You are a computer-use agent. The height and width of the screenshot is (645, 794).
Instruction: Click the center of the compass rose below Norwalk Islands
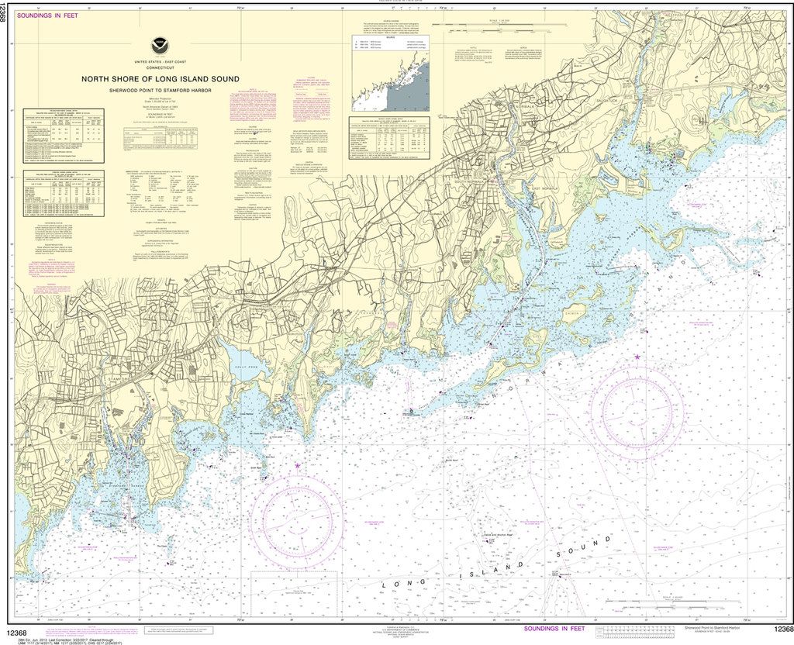637,405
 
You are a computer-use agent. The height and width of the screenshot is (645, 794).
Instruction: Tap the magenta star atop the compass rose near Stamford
297,466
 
